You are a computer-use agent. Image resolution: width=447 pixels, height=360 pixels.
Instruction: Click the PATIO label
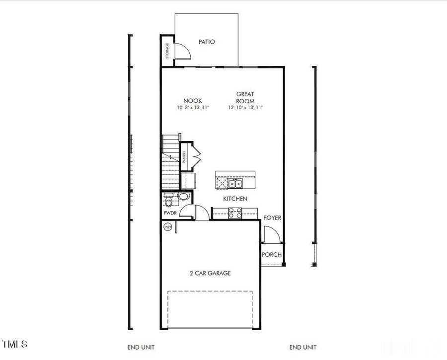pos(207,42)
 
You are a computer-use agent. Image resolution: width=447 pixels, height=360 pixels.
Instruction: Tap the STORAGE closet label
pos(167,51)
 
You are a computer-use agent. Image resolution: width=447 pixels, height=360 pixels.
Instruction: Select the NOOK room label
pos(193,101)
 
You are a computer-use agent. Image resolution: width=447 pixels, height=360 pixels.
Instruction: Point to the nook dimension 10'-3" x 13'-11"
pos(193,108)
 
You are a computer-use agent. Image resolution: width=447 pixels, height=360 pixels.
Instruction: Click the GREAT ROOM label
pos(245,97)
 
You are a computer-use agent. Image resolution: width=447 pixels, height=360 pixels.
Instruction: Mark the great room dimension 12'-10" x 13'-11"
pos(245,108)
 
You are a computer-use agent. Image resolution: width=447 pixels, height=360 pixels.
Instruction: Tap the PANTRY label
pos(184,157)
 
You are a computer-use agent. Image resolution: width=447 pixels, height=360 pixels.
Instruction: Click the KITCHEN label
pos(235,199)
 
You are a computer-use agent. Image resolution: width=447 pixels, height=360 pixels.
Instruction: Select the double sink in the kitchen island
pos(235,184)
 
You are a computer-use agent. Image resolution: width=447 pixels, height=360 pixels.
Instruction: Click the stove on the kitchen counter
pos(235,214)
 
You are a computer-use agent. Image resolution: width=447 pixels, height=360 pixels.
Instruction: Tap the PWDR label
pos(170,214)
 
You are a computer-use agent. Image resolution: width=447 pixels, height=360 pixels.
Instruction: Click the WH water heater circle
pos(168,227)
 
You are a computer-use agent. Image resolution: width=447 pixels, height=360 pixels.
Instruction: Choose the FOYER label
pos(272,217)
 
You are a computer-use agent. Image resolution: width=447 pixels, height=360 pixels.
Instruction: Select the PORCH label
pos(272,255)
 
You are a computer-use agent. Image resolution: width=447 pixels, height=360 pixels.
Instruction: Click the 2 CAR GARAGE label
pos(210,273)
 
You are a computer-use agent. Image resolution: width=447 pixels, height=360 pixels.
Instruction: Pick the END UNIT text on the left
pos(141,347)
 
